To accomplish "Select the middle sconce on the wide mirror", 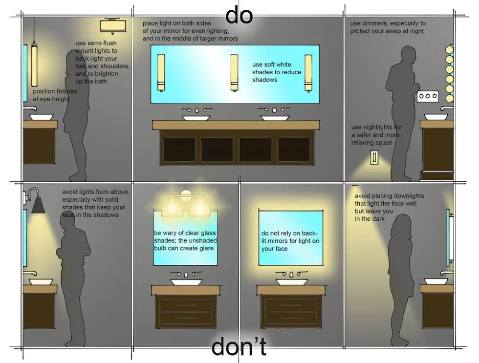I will pyautogui.click(x=234, y=72).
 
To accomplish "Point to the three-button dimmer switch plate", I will pyautogui.click(x=428, y=97).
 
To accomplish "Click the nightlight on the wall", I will pyautogui.click(x=374, y=157).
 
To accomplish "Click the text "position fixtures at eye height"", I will pyautogui.click(x=55, y=95).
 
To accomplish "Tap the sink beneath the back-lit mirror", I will pyautogui.click(x=292, y=281).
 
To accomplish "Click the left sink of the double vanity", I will pyautogui.click(x=196, y=118).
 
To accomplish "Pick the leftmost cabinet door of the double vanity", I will pyautogui.click(x=179, y=150).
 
